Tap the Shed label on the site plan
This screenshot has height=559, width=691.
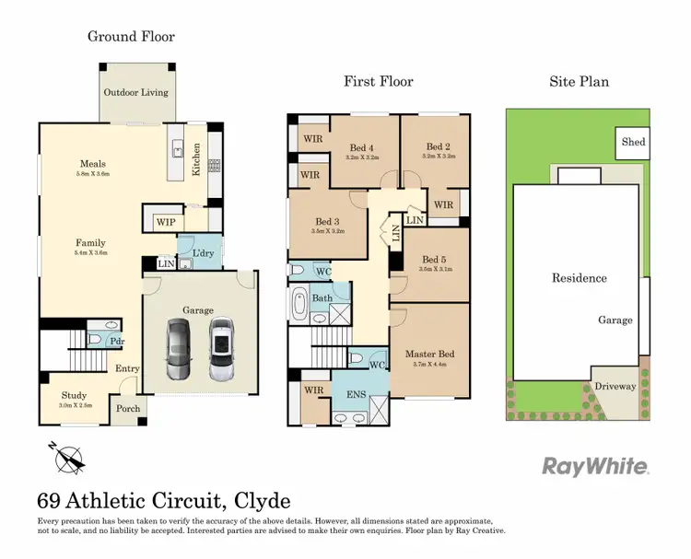click(x=633, y=143)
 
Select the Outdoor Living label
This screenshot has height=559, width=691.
click(x=136, y=93)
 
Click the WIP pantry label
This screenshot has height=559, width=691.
click(x=166, y=222)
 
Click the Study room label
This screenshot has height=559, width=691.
click(x=74, y=395)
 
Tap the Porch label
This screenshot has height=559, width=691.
click(x=127, y=410)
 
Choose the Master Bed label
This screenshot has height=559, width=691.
click(x=429, y=355)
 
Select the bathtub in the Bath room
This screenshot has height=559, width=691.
click(x=299, y=306)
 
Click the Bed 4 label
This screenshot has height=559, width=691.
click(x=362, y=146)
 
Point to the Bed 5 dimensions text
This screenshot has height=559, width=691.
click(x=435, y=270)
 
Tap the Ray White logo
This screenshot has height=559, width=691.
click(x=595, y=465)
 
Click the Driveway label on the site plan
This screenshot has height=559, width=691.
click(x=614, y=387)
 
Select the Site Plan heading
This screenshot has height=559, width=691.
click(x=579, y=82)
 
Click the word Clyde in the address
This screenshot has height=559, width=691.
click(x=263, y=502)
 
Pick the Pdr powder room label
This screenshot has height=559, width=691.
click(x=118, y=341)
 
